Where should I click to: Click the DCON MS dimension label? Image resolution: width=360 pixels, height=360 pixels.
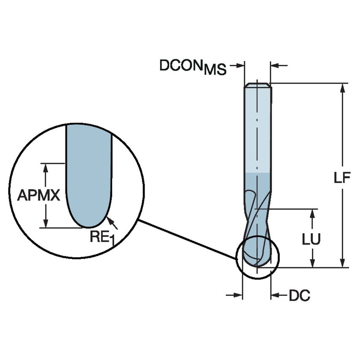pyautogui.click(x=193, y=67)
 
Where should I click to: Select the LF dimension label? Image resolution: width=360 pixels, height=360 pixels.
pyautogui.click(x=342, y=178)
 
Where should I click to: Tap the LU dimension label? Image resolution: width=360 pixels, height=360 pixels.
pyautogui.click(x=312, y=239)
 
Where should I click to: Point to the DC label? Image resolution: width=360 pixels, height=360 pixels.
pyautogui.click(x=299, y=296)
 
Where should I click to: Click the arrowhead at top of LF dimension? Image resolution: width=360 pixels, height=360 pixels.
pyautogui.click(x=344, y=88)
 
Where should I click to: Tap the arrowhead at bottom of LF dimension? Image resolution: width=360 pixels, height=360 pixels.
pyautogui.click(x=344, y=262)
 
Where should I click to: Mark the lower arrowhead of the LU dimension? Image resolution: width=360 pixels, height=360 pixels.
pyautogui.click(x=312, y=263)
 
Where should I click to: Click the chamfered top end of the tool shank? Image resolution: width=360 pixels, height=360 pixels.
pyautogui.click(x=258, y=85)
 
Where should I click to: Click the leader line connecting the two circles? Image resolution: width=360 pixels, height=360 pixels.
pyautogui.click(x=188, y=239)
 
